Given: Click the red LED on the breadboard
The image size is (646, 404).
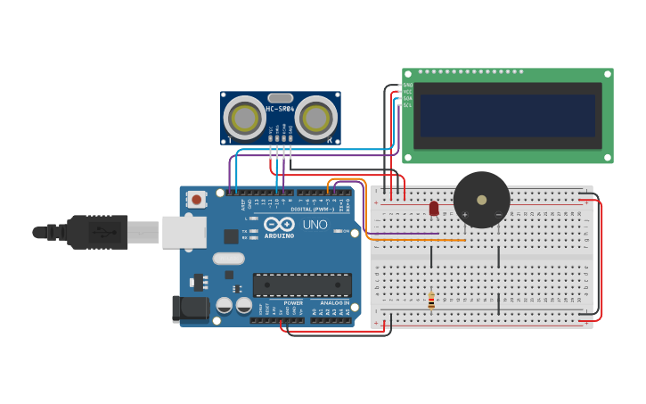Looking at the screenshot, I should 434,208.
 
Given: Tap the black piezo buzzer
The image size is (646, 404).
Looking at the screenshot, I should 481,198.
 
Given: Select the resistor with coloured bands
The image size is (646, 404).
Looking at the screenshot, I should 431,301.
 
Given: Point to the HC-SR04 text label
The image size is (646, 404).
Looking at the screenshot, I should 279,109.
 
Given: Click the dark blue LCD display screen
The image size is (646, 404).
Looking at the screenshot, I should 507,115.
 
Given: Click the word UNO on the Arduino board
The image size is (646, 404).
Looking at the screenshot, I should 315,225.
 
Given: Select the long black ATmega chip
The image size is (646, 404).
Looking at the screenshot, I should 302,284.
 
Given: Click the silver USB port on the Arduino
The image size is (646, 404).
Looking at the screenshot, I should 184,232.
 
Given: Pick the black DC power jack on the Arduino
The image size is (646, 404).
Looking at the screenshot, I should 190,309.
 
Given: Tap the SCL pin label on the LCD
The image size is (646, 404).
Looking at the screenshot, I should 407,105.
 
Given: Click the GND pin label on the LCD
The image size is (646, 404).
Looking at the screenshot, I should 407,85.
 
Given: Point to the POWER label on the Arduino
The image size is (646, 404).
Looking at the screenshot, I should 293,302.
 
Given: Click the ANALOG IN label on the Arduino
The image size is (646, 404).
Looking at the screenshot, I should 334,302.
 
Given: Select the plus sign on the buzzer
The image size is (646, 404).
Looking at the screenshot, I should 464,215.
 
